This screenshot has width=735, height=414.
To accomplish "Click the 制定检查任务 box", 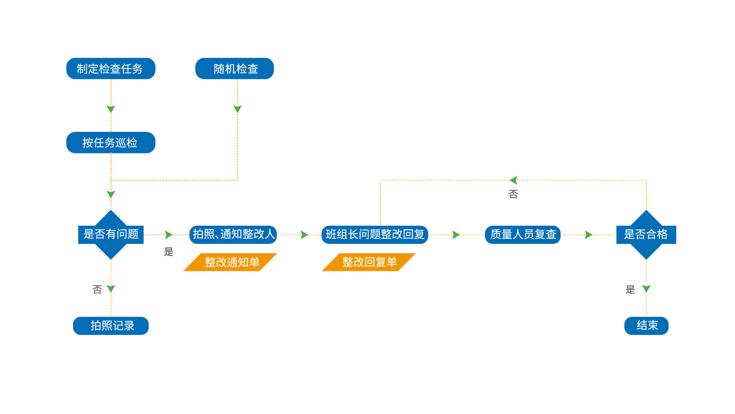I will pyautogui.click(x=111, y=69).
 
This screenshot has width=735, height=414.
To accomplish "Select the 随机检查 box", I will pyautogui.click(x=234, y=69).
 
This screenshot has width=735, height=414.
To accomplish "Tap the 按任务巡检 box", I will pyautogui.click(x=111, y=143).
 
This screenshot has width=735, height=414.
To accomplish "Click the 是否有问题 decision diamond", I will pyautogui.click(x=111, y=234).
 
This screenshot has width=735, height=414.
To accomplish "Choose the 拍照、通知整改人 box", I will pyautogui.click(x=233, y=234).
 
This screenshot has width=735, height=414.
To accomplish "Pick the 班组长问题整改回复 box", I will pyautogui.click(x=374, y=234).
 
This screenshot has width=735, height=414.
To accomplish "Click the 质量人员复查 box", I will pyautogui.click(x=523, y=234).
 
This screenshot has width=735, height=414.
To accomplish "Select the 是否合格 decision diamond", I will pyautogui.click(x=646, y=234).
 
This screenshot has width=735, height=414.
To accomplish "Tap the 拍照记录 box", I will pyautogui.click(x=111, y=325).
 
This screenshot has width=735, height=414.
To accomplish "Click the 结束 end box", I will pyautogui.click(x=646, y=325).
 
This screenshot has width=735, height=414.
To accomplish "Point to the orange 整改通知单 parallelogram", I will pyautogui.click(x=230, y=262).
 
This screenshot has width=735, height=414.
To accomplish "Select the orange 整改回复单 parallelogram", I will pyautogui.click(x=369, y=262).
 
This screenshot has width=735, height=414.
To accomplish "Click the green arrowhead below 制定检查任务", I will pyautogui.click(x=111, y=109).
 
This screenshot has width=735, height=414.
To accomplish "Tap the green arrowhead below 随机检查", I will pyautogui.click(x=237, y=109).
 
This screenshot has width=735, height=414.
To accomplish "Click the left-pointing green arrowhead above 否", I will pyautogui.click(x=513, y=180).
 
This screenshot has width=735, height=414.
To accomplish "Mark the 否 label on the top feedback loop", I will pyautogui.click(x=513, y=194).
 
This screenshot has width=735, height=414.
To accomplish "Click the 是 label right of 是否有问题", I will pyautogui.click(x=168, y=252).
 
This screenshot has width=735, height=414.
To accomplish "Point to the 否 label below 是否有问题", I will pyautogui.click(x=97, y=289).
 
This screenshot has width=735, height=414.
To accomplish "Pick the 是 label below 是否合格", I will pyautogui.click(x=630, y=289).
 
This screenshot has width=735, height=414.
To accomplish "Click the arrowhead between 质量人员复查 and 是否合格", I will pyautogui.click(x=588, y=235).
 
